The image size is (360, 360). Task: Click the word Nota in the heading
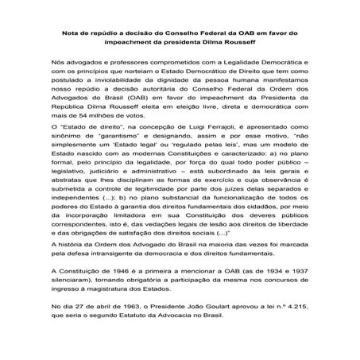click(69, 33)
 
